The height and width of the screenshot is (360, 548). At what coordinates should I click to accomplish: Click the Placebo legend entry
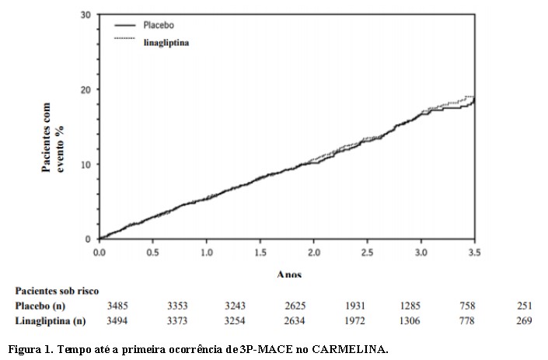click(x=159, y=26)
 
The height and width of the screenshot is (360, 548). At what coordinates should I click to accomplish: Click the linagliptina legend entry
click(x=166, y=43)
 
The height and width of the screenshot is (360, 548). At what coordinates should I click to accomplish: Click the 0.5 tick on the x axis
click(x=152, y=253)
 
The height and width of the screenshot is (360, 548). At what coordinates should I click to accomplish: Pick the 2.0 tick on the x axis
click(x=313, y=253)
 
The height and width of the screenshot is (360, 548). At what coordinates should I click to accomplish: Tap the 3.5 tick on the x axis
click(x=474, y=253)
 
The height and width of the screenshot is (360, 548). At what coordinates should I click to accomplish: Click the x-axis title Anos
click(x=288, y=274)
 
